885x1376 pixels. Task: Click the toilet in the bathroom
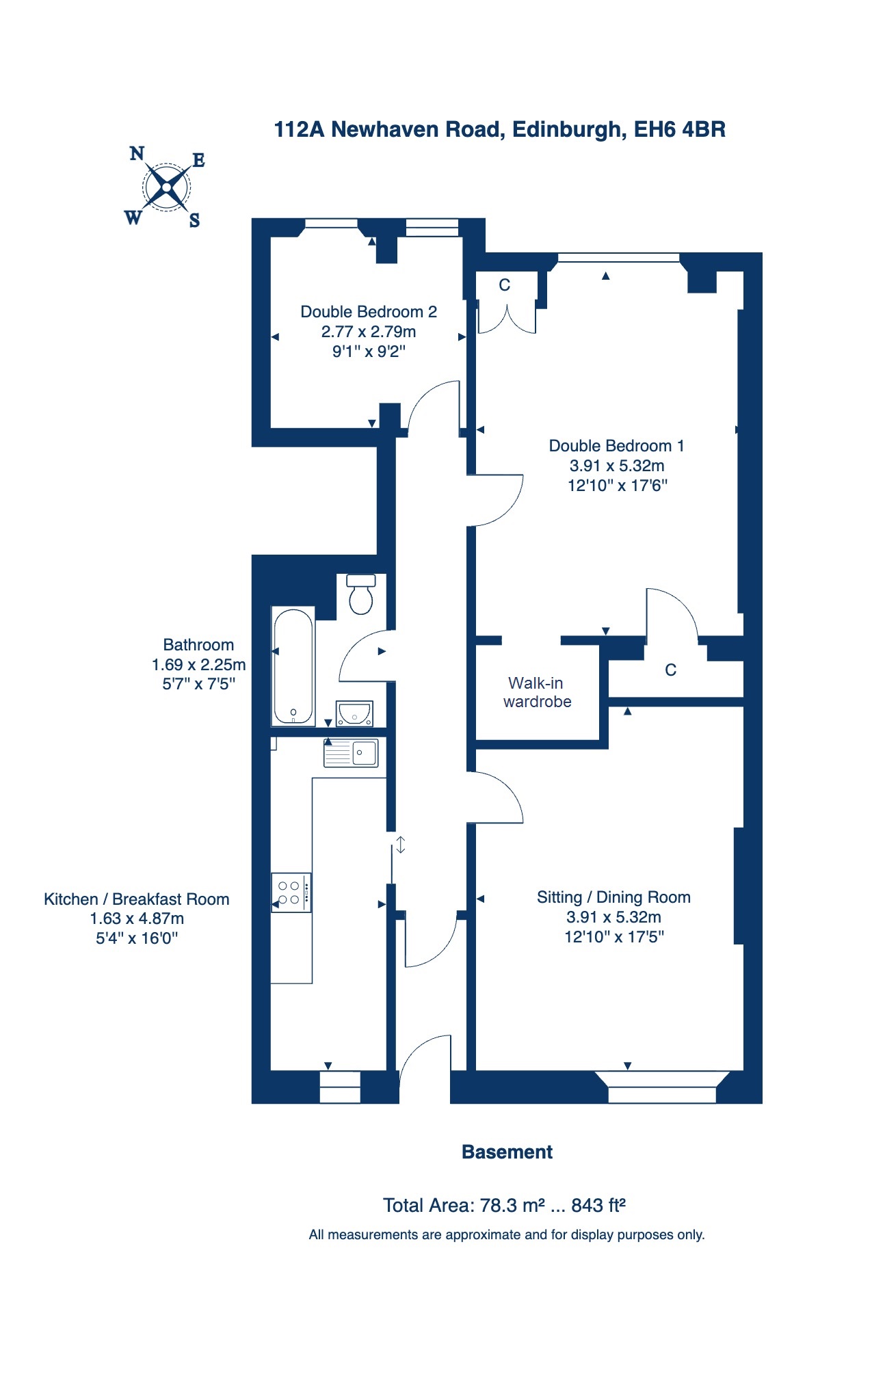coord(361,594)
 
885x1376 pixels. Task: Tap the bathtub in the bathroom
coord(293,666)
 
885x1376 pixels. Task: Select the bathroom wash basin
coord(354,713)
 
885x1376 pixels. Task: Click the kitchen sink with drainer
coord(351,752)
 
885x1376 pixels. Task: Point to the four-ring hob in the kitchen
coord(291,892)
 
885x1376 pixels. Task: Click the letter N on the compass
coord(137,153)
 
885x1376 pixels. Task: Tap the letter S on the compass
coord(195,220)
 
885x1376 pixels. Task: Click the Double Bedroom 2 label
coord(369,312)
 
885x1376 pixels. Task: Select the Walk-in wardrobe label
coord(537,692)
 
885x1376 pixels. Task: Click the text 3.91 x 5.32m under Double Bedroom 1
coord(617,466)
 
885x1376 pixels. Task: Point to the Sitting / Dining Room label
coord(613,897)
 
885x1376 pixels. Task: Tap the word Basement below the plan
coord(507,1152)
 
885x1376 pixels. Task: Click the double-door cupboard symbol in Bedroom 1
coord(506,319)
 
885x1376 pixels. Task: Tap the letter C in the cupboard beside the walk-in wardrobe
coord(670,670)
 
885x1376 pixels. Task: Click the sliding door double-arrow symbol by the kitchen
coord(401,845)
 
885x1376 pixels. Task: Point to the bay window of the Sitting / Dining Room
coord(661,1087)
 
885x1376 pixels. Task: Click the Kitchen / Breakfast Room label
coord(137,899)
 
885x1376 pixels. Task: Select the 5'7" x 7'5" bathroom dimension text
coord(198,684)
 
